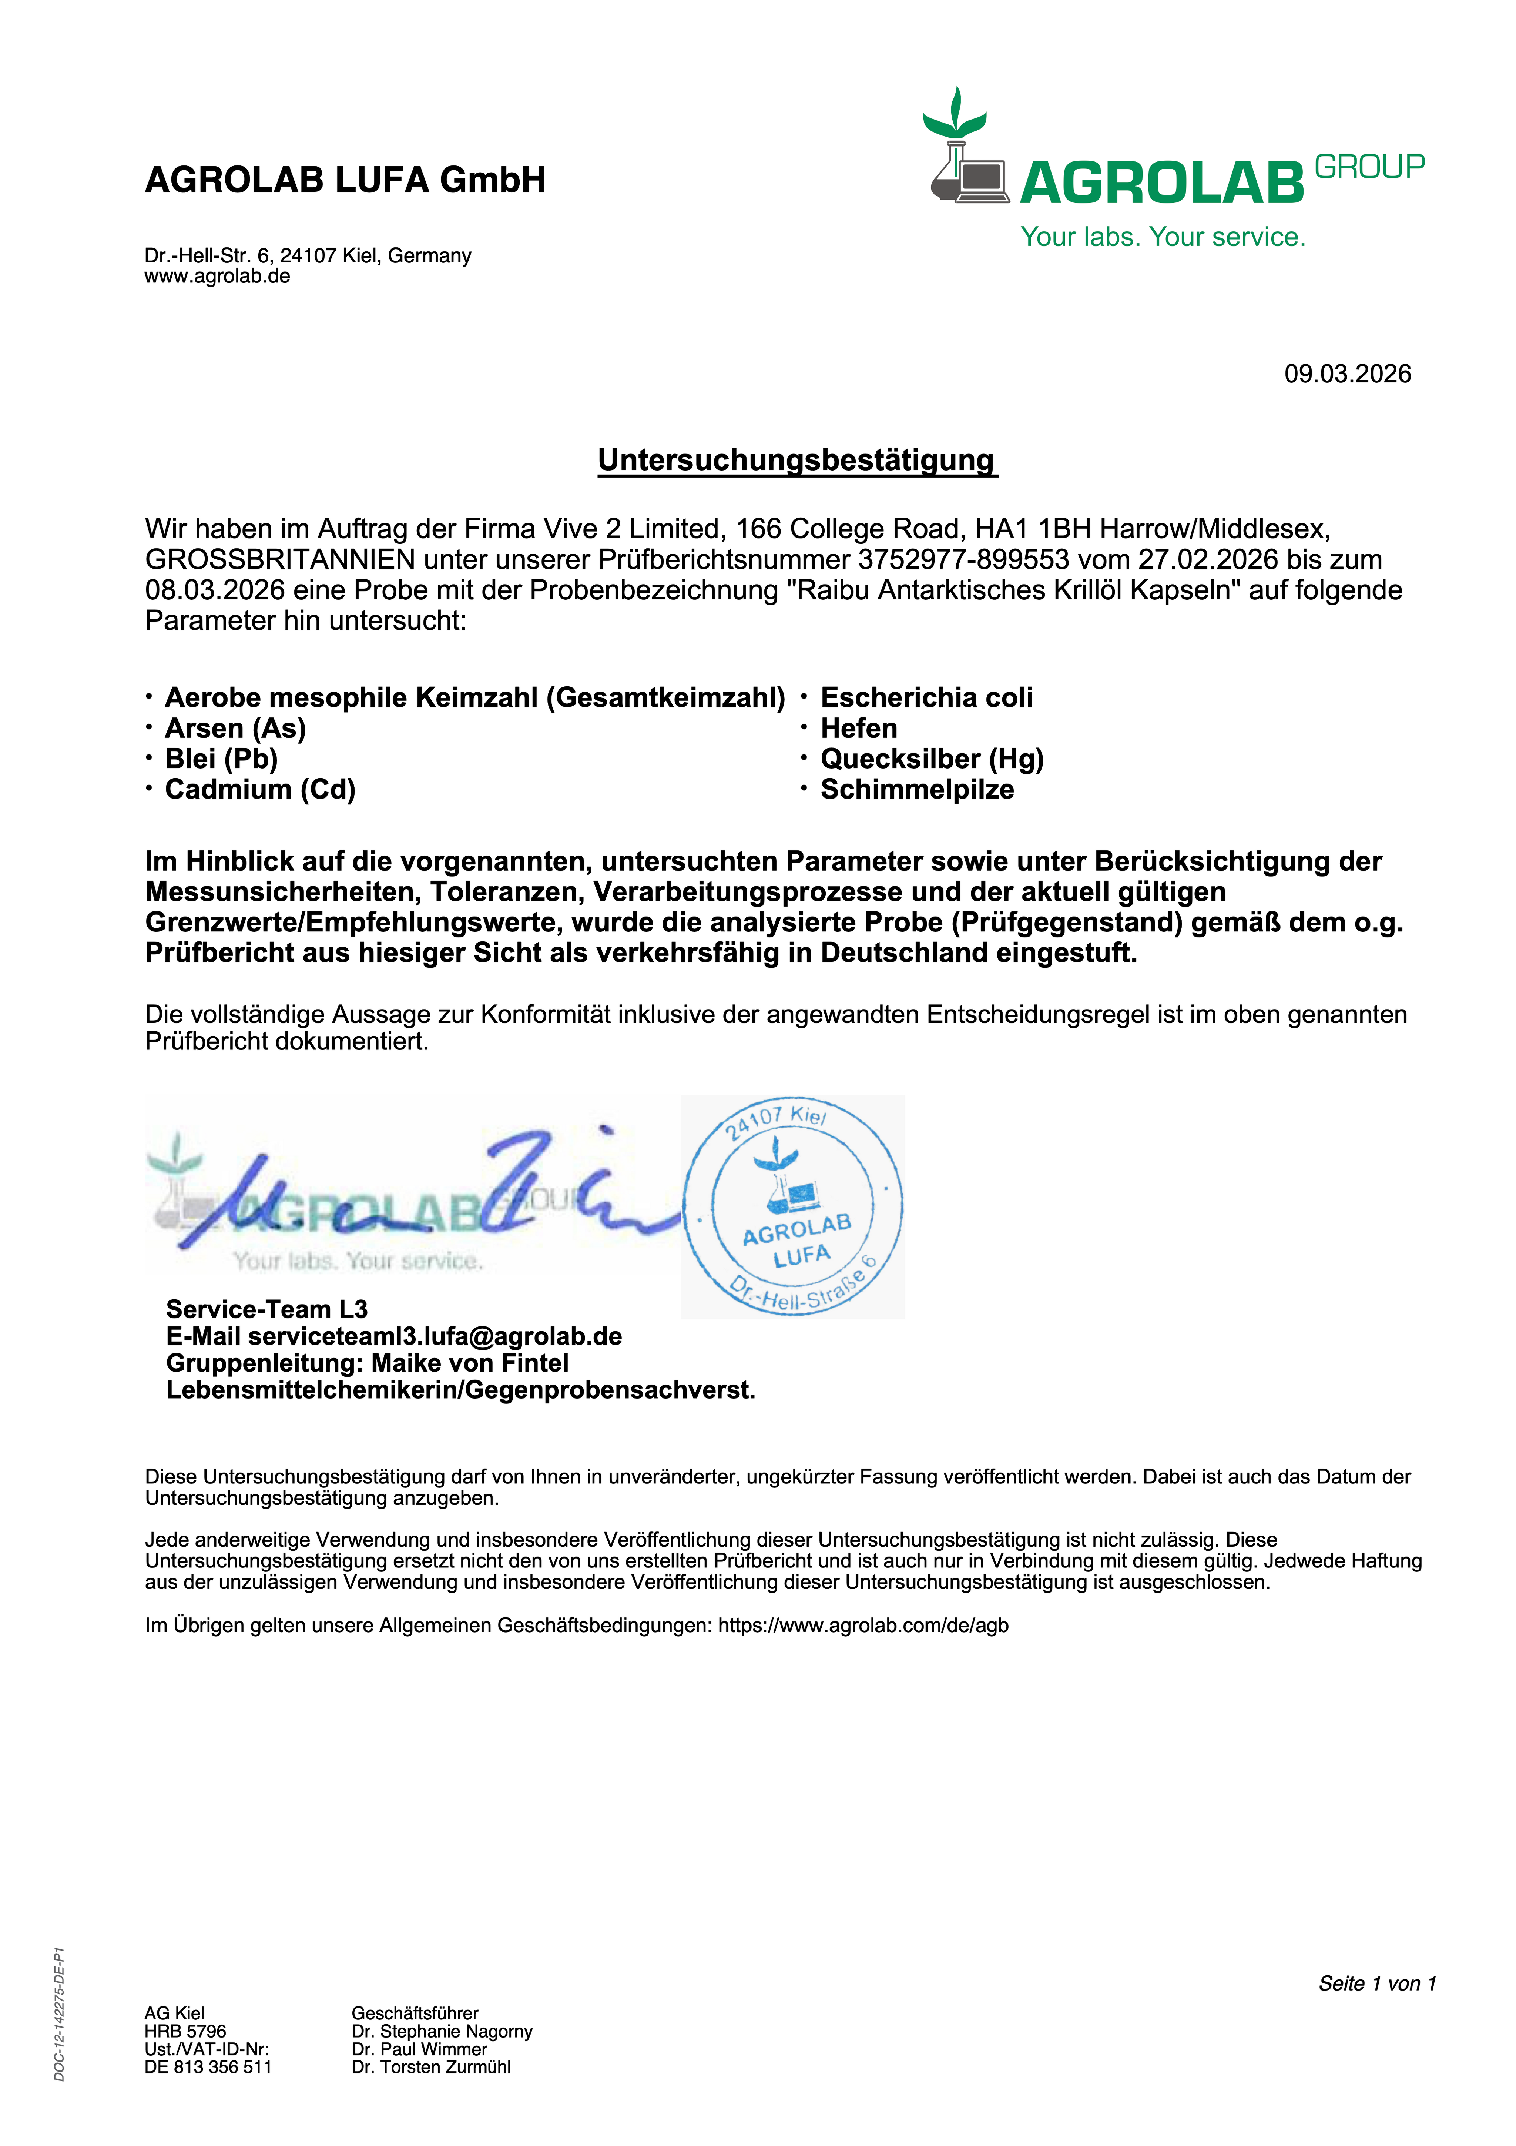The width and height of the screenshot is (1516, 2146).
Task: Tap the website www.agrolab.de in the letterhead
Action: click(x=217, y=277)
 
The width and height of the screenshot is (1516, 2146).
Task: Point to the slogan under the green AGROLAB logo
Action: click(x=1163, y=237)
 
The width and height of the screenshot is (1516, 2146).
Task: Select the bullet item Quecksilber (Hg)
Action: click(x=932, y=759)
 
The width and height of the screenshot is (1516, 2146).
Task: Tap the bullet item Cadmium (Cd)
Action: click(x=260, y=790)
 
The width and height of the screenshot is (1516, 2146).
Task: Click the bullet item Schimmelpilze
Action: click(x=917, y=790)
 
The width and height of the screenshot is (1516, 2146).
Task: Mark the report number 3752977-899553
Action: click(x=963, y=560)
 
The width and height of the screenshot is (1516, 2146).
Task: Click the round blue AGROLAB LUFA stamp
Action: click(x=792, y=1206)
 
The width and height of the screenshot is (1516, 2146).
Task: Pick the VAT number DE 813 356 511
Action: click(x=208, y=2066)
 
